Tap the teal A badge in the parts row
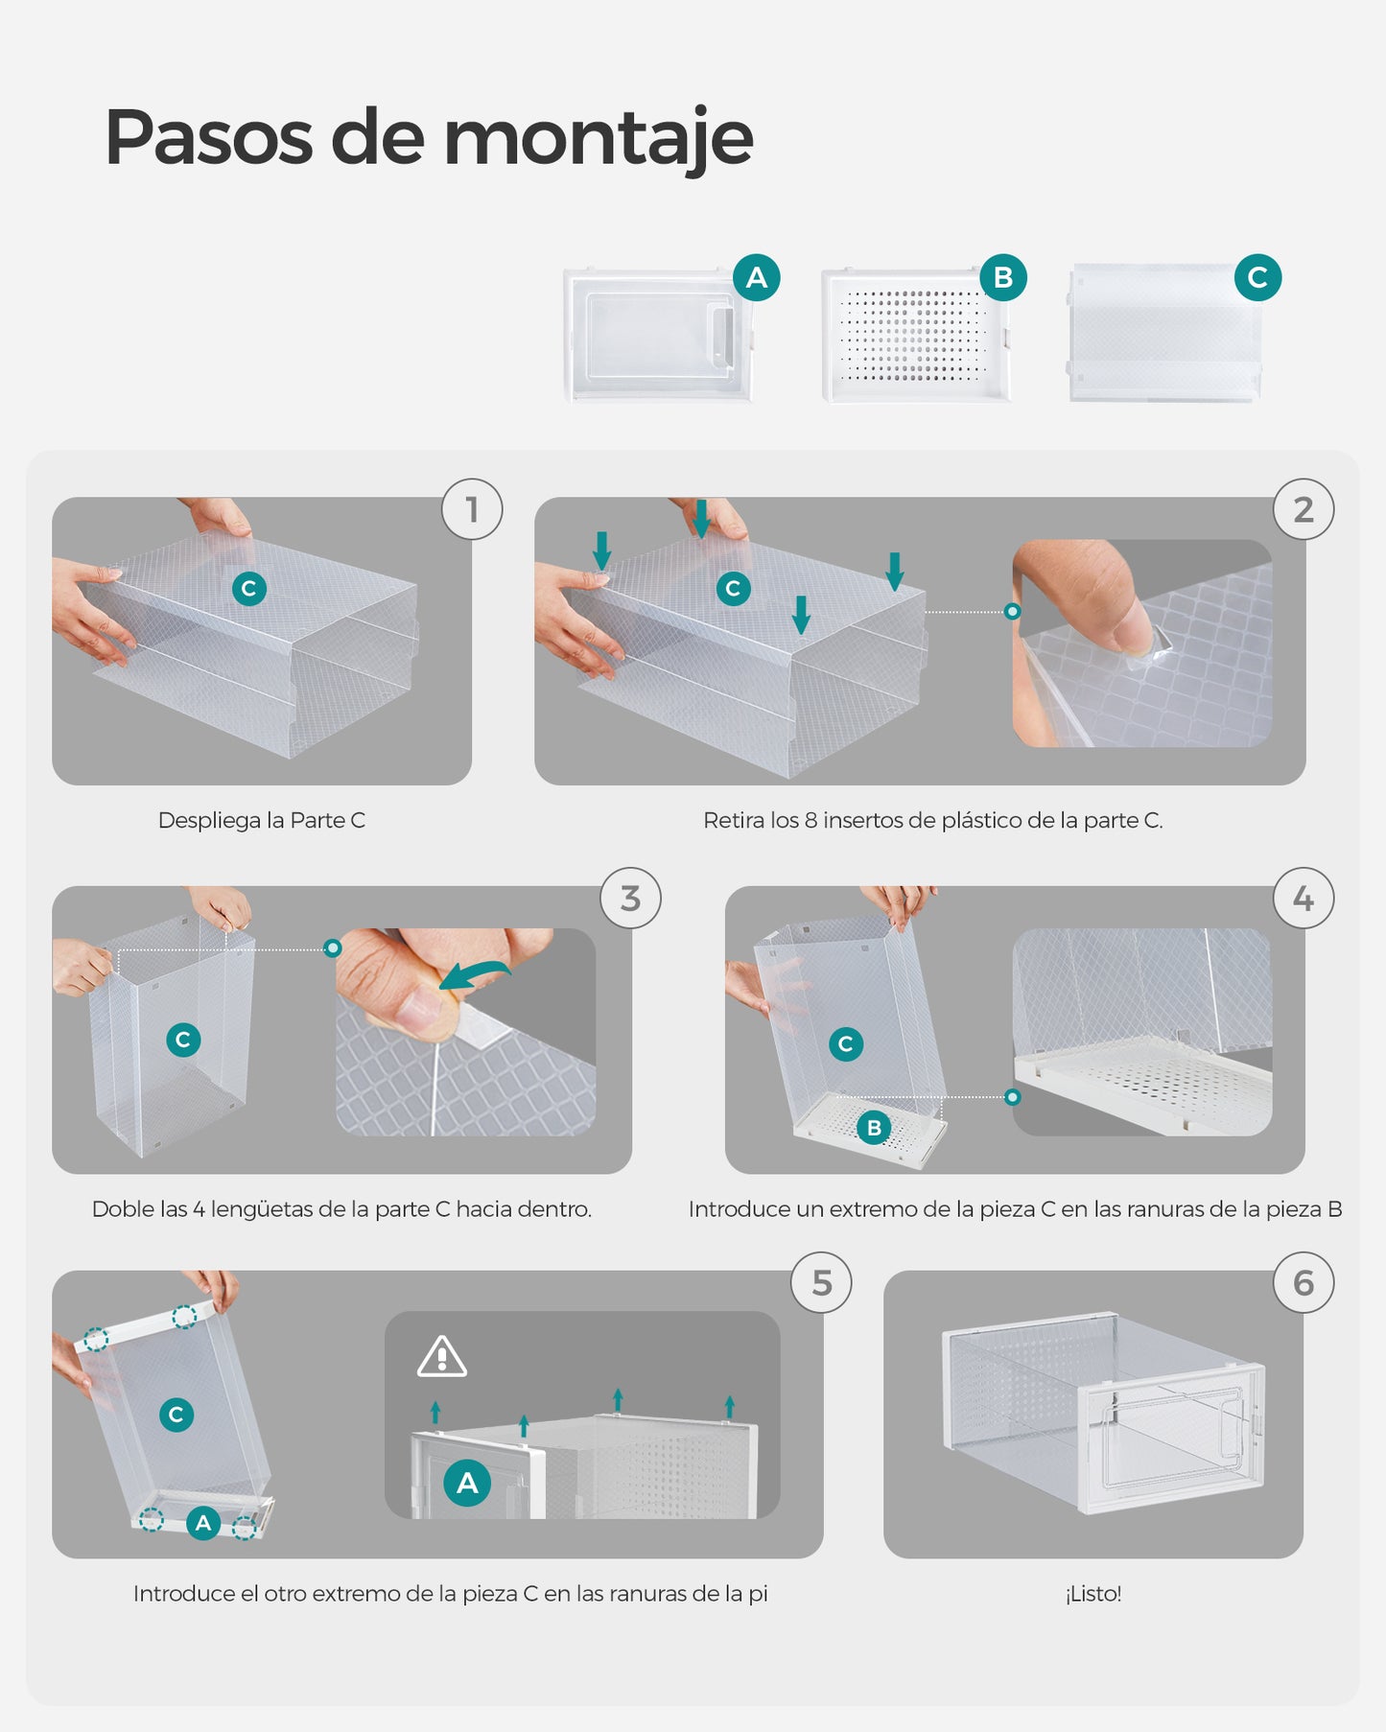756,278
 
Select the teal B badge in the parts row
1003,278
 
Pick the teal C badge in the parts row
1257,278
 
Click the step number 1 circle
472,509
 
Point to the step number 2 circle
1304,509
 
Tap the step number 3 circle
630,899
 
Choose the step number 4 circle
1304,899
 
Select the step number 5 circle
822,1283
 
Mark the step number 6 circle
1304,1283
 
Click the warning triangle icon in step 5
442,1356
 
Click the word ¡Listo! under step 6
1092,1594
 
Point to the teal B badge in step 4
874,1128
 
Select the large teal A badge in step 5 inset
467,1483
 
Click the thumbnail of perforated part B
917,336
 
